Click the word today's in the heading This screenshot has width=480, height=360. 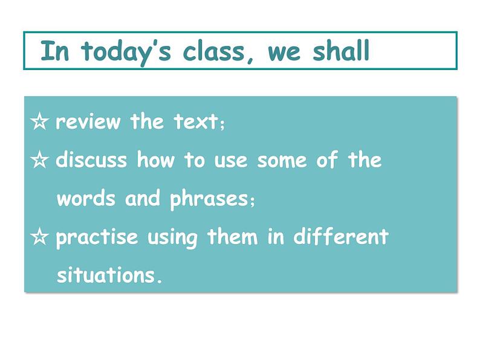coord(118,52)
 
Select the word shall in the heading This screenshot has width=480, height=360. coord(341,52)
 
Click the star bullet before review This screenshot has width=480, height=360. coord(40,123)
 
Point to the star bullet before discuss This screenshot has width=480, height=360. coord(40,161)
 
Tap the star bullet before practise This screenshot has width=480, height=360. coord(40,237)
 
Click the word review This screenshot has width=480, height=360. coord(88,123)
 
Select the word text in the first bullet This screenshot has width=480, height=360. coord(195,123)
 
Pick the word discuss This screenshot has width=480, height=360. coord(91,161)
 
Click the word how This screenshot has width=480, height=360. coord(157,161)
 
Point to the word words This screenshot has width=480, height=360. coord(86,199)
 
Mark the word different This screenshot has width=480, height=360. coord(341,237)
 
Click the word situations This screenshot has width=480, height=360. coord(109,276)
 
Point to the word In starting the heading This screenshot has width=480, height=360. coord(54,52)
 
